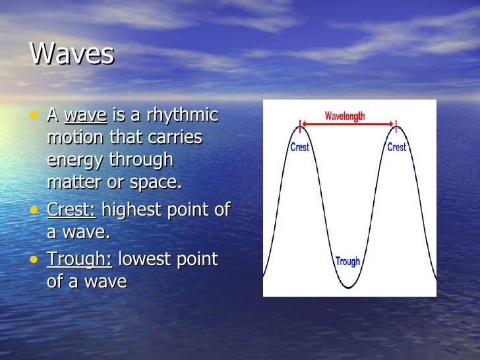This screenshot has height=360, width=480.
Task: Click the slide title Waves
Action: point(72,55)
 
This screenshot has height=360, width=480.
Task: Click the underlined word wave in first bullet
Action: point(85,115)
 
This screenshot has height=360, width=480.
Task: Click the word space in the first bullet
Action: point(156,183)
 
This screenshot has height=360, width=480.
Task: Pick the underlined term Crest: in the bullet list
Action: point(71,210)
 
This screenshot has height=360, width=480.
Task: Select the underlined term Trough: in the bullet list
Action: point(79,259)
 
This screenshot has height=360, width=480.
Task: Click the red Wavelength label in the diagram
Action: point(345,116)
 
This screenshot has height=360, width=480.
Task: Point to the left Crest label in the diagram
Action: point(300,147)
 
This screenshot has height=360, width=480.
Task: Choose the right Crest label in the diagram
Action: point(396,147)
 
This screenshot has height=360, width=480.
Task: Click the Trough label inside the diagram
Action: point(347,261)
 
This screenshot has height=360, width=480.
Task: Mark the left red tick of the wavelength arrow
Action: point(301,123)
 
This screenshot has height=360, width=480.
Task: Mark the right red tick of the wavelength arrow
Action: point(396,123)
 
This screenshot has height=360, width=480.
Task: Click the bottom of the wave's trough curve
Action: point(348,287)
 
